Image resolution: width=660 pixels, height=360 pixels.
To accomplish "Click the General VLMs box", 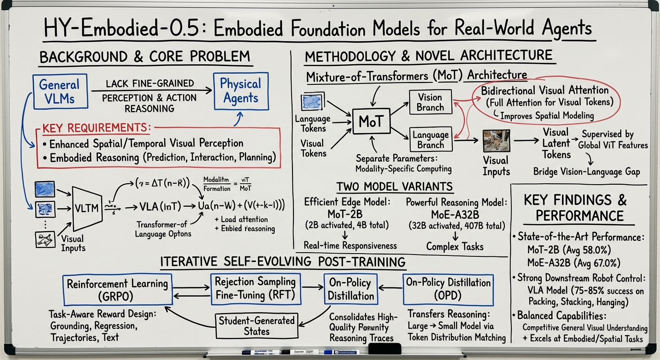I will tap(59, 92).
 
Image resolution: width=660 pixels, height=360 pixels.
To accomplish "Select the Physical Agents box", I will tap(240, 91).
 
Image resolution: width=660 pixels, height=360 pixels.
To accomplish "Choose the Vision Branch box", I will tap(430, 102).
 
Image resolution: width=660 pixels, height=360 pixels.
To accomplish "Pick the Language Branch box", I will tap(430, 139).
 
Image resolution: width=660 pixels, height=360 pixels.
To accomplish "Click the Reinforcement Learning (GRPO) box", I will tap(117, 290).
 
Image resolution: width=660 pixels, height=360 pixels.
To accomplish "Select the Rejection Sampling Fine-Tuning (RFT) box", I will tap(255, 289).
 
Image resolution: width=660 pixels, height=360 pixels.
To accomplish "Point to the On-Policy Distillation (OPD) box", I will tap(448, 290).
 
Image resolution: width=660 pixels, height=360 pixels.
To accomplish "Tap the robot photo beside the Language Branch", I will tap(496, 141).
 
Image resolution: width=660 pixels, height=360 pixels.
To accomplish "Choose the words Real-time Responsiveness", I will tap(350, 246).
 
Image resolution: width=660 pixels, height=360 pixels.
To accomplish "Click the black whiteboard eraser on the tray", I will tap(385, 349).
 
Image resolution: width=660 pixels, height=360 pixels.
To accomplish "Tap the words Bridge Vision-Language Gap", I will tap(586, 172).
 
